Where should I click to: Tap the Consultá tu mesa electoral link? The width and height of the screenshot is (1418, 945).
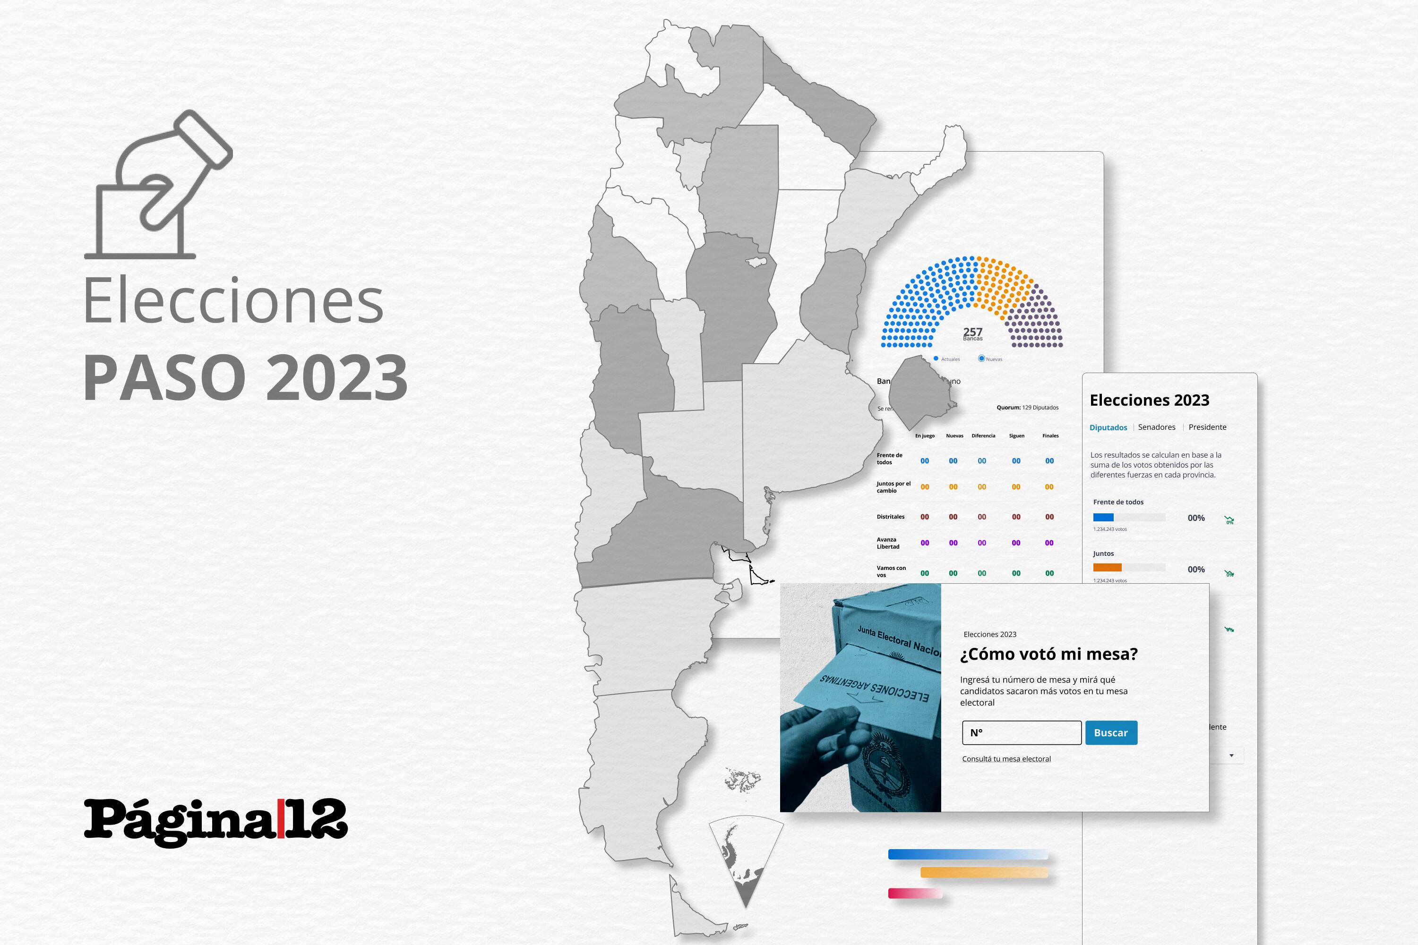(1006, 759)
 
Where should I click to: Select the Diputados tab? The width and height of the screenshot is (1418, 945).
(1108, 427)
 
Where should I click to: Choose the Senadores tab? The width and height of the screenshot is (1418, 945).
(1156, 427)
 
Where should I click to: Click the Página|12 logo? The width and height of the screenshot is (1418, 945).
(215, 821)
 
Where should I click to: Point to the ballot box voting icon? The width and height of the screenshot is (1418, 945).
(158, 186)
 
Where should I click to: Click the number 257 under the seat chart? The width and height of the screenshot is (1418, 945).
(972, 332)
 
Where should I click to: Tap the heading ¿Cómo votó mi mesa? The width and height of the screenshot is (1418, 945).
(1048, 654)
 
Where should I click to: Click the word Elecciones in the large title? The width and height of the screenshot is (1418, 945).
(233, 300)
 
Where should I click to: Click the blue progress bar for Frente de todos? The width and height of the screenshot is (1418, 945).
(1103, 517)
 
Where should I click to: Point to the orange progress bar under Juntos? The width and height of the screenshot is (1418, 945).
(1107, 567)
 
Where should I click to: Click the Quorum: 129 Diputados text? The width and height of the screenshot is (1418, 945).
(1027, 408)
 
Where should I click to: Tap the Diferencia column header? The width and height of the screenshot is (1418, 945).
(983, 436)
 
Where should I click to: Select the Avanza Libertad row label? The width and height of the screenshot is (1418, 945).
(888, 543)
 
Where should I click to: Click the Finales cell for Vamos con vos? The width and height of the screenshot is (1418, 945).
(1049, 573)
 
